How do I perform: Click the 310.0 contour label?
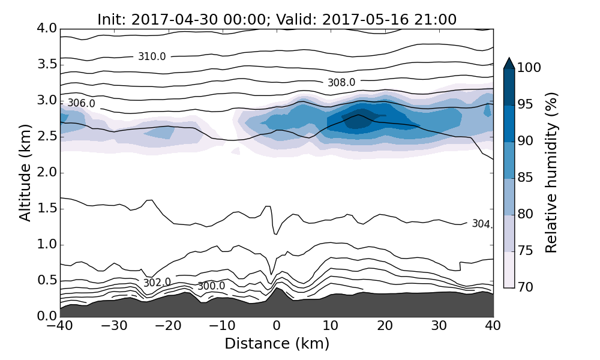(152, 57)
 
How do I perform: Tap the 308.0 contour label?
(341, 83)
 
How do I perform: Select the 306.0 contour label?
(81, 104)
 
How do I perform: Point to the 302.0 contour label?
(157, 283)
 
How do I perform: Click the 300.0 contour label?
(211, 286)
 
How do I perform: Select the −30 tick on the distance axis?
(114, 326)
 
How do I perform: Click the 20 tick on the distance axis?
(385, 326)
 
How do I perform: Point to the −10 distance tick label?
(222, 326)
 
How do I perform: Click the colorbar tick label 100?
(529, 68)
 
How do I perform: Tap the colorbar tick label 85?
(525, 178)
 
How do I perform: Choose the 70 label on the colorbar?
(525, 288)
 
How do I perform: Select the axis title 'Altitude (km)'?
(25, 173)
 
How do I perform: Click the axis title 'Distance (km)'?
(277, 344)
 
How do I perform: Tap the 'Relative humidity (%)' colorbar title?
(551, 173)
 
